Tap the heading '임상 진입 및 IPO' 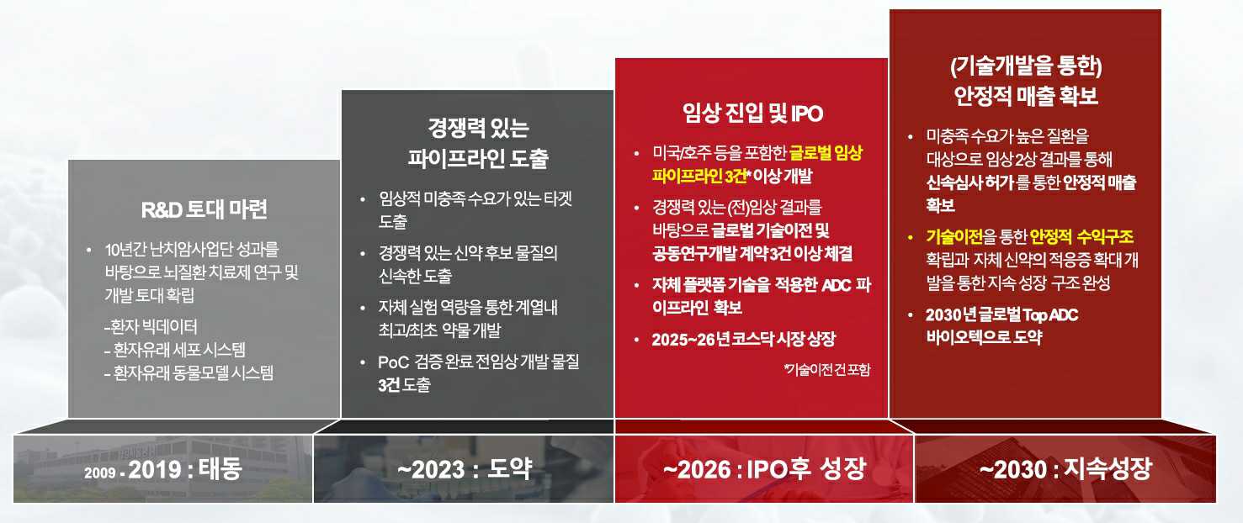pos(752,114)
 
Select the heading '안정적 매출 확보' pos(1026,96)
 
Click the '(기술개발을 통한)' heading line pos(1026,66)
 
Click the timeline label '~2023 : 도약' pos(465,468)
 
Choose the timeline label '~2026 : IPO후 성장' pos(763,468)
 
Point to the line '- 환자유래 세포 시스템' pos(180,350)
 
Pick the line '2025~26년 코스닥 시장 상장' pos(744,340)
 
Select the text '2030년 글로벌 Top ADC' pos(1001,315)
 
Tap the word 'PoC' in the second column pos(393,362)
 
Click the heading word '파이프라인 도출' pos(478,159)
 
